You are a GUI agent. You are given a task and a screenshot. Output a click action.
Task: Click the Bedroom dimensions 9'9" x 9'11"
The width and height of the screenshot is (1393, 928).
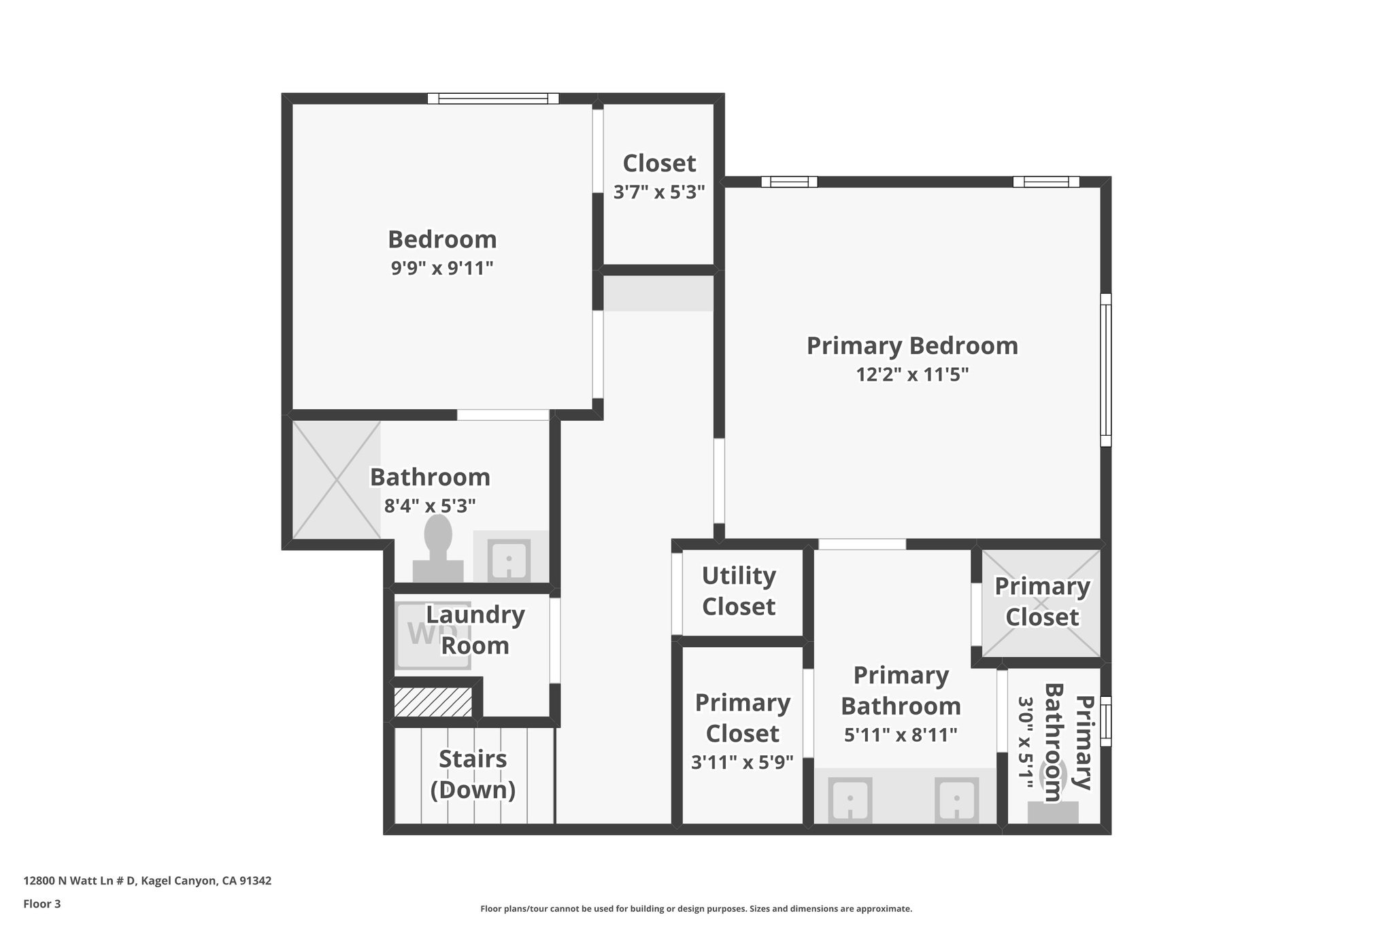point(441,269)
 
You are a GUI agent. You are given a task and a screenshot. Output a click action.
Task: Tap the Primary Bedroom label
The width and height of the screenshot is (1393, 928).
point(912,345)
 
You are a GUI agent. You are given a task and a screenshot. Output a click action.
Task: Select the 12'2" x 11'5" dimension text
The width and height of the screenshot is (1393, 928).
point(912,375)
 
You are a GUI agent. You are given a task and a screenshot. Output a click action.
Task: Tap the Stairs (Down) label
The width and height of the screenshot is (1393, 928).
point(473,774)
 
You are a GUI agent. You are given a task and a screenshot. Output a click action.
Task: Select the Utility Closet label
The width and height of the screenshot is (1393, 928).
point(739,591)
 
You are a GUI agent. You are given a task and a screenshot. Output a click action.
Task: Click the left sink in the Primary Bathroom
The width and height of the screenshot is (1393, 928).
point(849,800)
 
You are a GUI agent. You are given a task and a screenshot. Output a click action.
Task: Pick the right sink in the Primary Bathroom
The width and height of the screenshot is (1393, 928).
point(956,800)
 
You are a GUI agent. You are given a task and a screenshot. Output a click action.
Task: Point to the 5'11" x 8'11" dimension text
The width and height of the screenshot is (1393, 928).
point(901,735)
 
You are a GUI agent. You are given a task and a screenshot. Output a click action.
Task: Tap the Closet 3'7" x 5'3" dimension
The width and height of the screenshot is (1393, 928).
point(659,192)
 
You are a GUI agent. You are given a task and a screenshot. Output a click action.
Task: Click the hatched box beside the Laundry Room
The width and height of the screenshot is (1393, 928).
point(433,702)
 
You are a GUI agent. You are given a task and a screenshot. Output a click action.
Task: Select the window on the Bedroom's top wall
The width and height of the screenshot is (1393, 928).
point(493,99)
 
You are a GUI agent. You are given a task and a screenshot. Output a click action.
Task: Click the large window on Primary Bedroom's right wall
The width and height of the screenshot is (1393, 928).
point(1106,370)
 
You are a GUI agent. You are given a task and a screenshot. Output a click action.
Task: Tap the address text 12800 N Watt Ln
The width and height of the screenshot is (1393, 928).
point(147,881)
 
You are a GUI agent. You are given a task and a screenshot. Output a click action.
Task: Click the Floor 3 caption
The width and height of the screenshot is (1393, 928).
point(42,904)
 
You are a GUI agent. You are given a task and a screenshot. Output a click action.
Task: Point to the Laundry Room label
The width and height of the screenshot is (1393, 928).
point(475,630)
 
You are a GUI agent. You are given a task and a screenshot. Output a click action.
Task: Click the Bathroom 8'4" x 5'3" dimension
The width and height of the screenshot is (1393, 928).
point(430,506)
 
